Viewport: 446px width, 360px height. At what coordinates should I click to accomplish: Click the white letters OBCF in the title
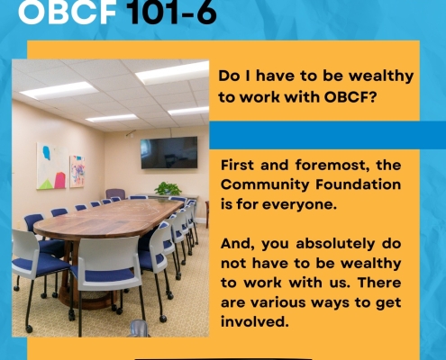pyautogui.click(x=67, y=12)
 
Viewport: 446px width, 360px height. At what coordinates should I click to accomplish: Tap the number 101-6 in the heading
pyautogui.click(x=171, y=12)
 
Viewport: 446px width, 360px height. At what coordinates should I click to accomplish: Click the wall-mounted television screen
pyautogui.click(x=169, y=152)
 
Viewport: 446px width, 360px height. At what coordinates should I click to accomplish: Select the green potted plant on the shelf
pyautogui.click(x=168, y=189)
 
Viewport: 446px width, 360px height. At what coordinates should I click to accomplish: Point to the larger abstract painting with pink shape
pyautogui.click(x=51, y=166)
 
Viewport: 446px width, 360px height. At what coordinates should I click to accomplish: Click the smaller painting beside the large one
pyautogui.click(x=77, y=171)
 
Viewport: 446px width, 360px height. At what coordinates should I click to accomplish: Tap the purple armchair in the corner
pyautogui.click(x=115, y=193)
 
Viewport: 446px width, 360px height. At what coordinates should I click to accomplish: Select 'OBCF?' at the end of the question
pyautogui.click(x=350, y=97)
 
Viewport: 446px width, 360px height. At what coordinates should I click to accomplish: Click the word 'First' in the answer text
pyautogui.click(x=237, y=165)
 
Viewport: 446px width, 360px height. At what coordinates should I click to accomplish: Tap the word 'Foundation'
pyautogui.click(x=359, y=184)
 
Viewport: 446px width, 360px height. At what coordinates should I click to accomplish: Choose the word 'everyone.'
pyautogui.click(x=299, y=204)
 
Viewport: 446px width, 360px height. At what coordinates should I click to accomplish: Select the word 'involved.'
pyautogui.click(x=255, y=322)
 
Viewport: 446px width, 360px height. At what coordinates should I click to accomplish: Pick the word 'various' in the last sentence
pyautogui.click(x=278, y=302)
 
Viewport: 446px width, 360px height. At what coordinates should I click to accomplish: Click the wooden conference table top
pyautogui.click(x=109, y=217)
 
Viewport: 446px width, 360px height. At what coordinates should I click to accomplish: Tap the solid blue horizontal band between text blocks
pyautogui.click(x=327, y=135)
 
